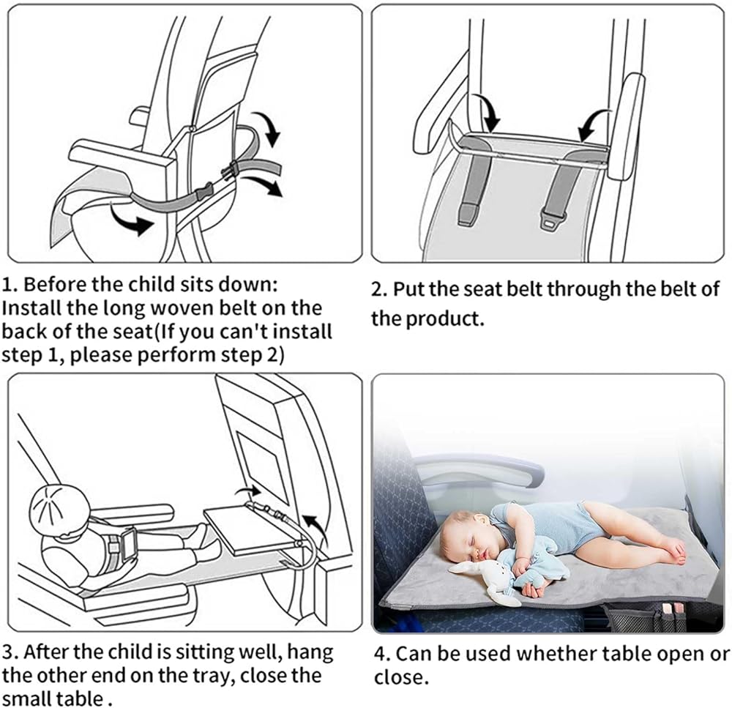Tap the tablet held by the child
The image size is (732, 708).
128,544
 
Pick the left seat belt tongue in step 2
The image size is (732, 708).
468,215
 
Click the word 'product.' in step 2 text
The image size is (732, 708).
444,320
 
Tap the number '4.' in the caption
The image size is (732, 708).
382,654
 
